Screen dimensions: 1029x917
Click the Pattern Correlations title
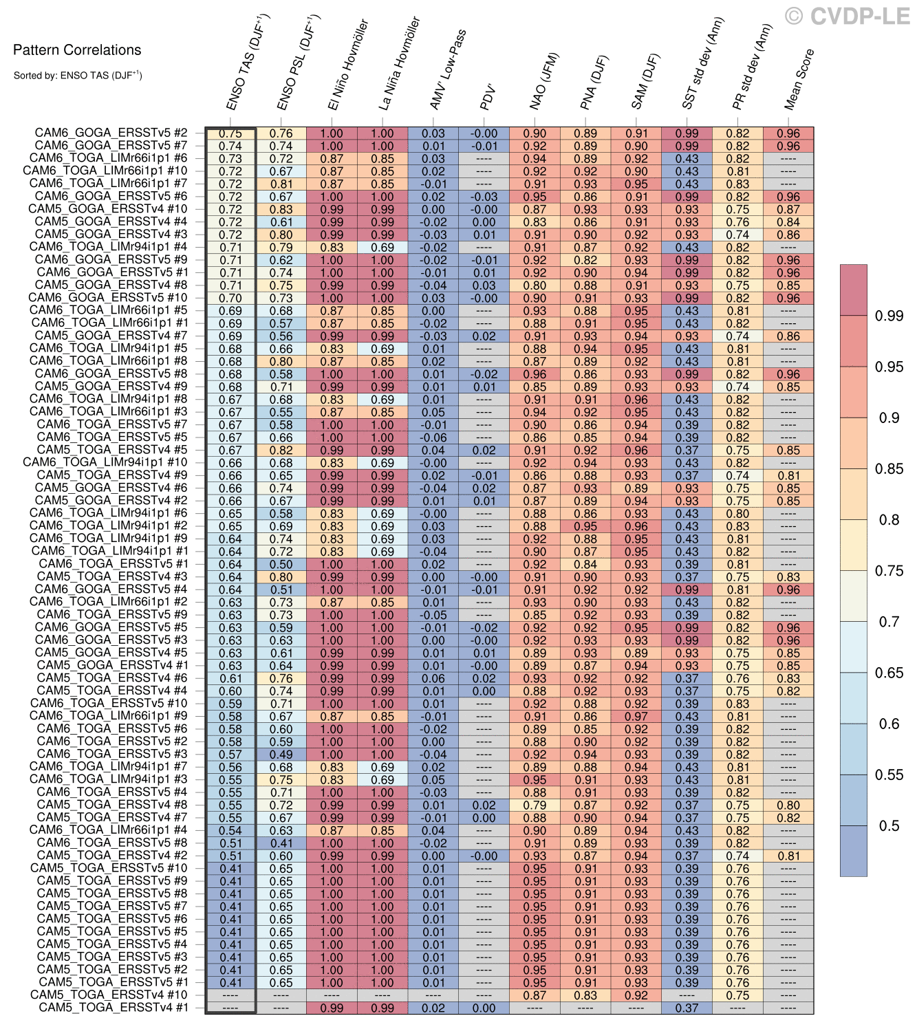(x=77, y=50)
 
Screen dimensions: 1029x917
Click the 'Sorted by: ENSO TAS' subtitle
(x=78, y=76)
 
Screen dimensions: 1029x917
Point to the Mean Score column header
(x=799, y=79)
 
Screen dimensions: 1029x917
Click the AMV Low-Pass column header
(x=448, y=69)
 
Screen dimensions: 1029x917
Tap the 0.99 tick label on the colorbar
(x=889, y=316)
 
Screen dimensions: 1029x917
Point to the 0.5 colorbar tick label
(x=889, y=826)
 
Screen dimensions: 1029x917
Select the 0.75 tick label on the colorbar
(x=889, y=571)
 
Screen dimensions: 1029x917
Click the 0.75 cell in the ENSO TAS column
(x=230, y=133)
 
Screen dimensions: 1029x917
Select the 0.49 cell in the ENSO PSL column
(x=281, y=755)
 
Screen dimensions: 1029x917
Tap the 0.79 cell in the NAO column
(x=535, y=805)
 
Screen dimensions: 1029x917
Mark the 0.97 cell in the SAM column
(x=636, y=717)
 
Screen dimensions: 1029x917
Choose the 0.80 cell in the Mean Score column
(x=788, y=805)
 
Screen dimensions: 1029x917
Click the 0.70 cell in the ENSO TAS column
(x=230, y=299)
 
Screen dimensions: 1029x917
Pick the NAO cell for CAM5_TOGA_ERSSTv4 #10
(x=535, y=995)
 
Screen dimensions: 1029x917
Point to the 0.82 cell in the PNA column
(x=585, y=260)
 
